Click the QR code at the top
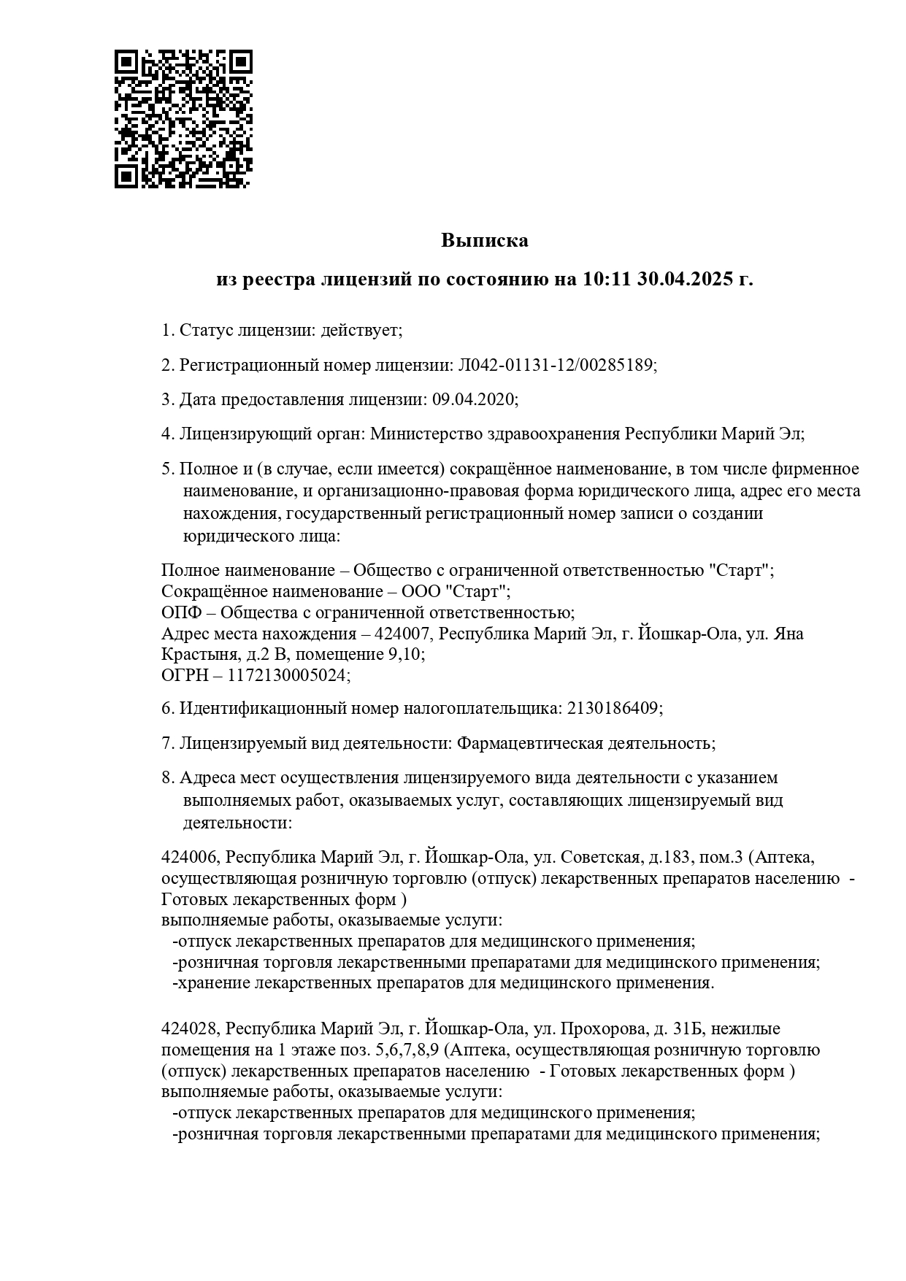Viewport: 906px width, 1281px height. tap(183, 119)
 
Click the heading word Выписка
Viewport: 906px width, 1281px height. tap(484, 240)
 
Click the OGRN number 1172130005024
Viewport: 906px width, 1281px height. tap(287, 675)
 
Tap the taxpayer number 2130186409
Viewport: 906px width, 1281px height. tap(613, 708)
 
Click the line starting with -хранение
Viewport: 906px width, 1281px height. tap(442, 982)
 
